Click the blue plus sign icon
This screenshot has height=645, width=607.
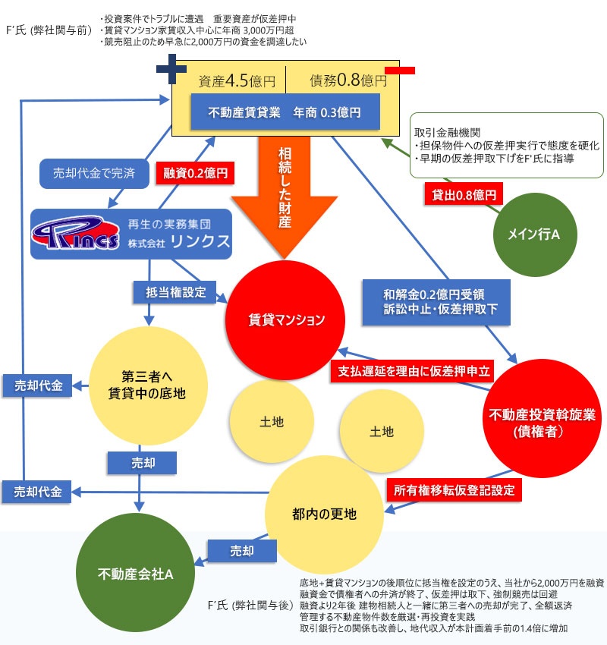pos(171,71)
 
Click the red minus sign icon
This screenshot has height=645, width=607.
pos(399,71)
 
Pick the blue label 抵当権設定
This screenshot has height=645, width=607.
pos(175,291)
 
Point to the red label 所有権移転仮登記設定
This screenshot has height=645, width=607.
pos(454,490)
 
